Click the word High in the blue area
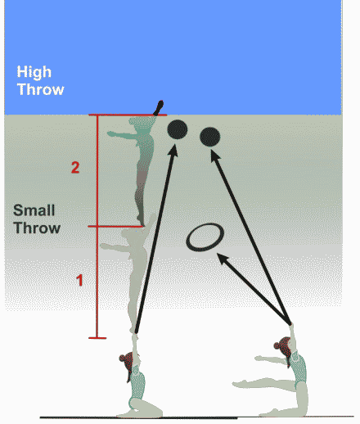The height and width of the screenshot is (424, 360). [x=34, y=72]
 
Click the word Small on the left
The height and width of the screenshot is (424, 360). [x=34, y=210]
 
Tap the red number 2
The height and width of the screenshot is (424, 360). [x=75, y=168]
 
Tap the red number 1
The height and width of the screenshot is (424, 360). [x=79, y=280]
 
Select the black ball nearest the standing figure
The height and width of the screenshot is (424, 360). [x=178, y=129]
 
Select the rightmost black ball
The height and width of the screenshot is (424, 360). [x=210, y=137]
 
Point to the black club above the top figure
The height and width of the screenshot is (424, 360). [x=159, y=108]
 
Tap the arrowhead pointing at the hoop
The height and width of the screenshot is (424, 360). [x=223, y=259]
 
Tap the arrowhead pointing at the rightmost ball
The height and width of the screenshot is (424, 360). [x=215, y=156]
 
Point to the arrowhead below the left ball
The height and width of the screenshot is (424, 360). [x=173, y=151]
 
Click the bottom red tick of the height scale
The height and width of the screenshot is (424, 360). [x=97, y=338]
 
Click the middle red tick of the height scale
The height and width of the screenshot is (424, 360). [x=115, y=226]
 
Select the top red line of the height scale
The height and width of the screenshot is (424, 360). [x=128, y=115]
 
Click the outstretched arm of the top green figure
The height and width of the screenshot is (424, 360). [x=123, y=135]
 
